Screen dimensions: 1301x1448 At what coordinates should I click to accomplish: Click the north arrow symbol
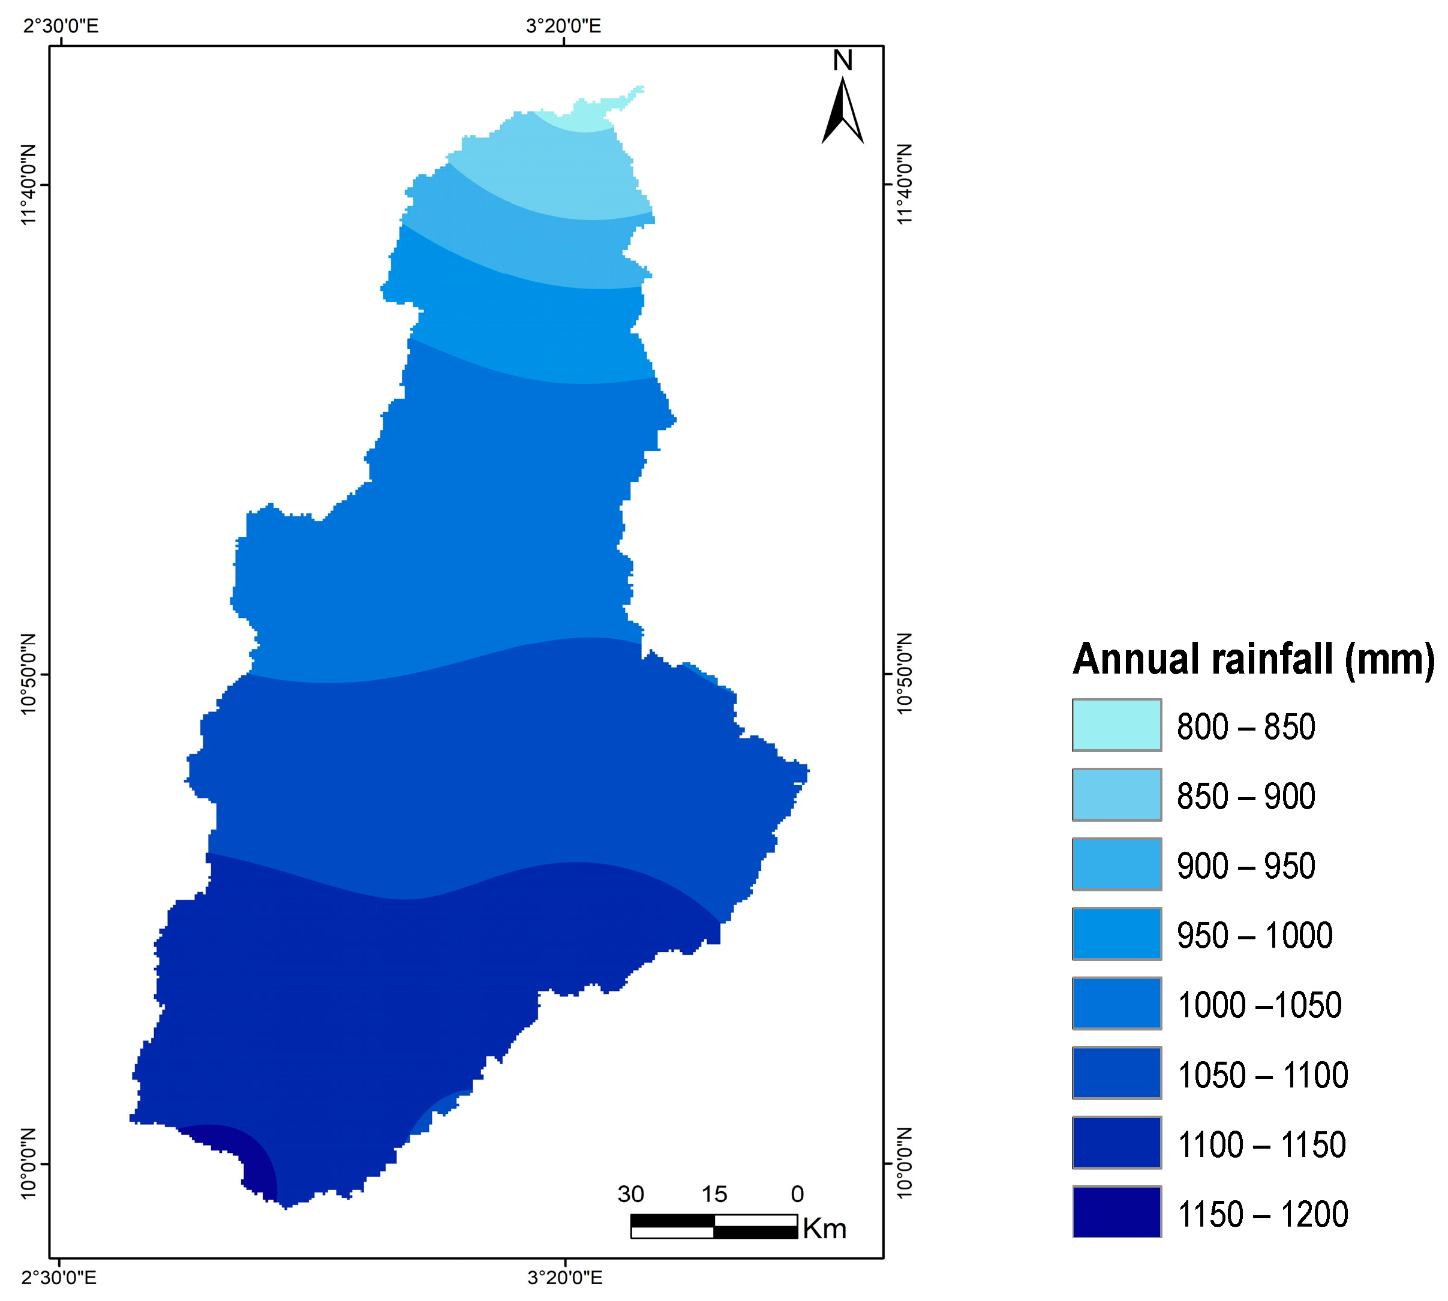pos(843,112)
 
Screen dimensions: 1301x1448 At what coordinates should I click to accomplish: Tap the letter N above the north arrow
pos(843,61)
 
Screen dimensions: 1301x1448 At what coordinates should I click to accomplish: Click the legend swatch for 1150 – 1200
pos(1116,1212)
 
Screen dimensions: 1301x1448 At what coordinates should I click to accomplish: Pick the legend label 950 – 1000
pos(1254,936)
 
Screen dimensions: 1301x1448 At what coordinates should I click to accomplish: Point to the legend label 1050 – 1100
pos(1262,1075)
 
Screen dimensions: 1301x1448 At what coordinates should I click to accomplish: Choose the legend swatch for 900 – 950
pos(1116,864)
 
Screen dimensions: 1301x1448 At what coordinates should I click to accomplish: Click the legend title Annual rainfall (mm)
pos(1253,659)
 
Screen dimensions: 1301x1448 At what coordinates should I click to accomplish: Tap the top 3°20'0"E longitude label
pos(563,26)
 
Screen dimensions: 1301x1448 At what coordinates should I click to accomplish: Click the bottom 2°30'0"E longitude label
pos(59,1276)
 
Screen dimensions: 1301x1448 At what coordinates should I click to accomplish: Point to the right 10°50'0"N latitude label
pos(905,674)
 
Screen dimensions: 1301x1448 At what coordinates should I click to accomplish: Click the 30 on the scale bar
pos(630,1194)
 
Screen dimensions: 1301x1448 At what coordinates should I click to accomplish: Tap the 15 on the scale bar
pos(713,1194)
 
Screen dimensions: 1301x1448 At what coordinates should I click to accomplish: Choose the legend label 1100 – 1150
pos(1261,1144)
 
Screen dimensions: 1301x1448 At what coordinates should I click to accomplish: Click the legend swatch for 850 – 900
pos(1116,795)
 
